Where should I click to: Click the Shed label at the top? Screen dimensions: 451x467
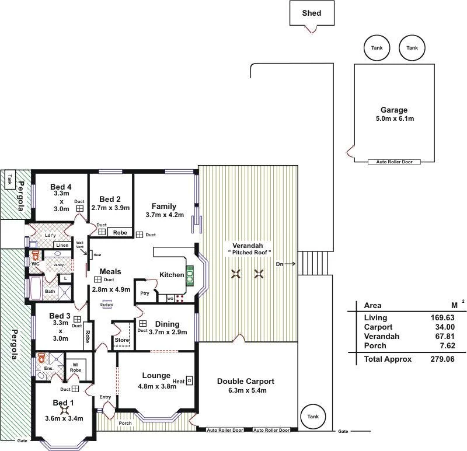tap(311, 13)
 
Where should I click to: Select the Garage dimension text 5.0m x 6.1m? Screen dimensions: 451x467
tap(393, 118)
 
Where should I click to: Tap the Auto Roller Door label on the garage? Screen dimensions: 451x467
tap(394, 162)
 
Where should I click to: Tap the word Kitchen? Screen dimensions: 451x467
tap(172, 275)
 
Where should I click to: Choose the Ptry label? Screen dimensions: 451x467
tap(144, 293)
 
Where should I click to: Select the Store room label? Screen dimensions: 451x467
tap(121, 340)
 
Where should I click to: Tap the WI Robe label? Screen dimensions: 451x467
tap(76, 367)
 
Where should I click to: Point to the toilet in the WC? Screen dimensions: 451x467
tap(36, 255)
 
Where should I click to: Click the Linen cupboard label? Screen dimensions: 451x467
tap(62, 246)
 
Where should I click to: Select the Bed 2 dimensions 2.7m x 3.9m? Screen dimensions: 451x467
tap(110, 208)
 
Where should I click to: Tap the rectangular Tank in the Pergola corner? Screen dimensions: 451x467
tap(9, 180)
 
